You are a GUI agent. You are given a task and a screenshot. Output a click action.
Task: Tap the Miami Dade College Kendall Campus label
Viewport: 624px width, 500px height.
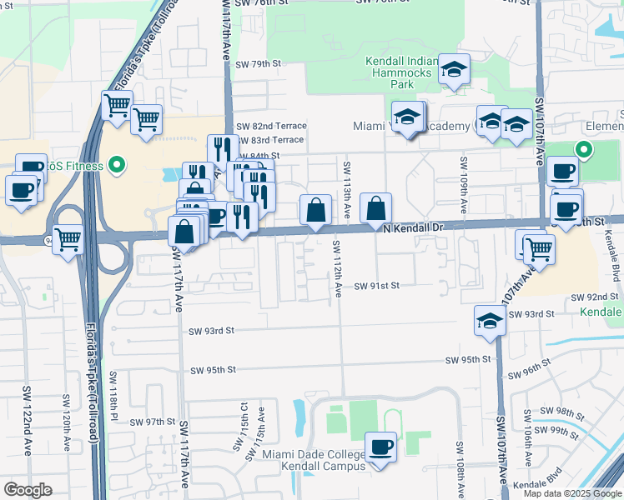click(x=314, y=460)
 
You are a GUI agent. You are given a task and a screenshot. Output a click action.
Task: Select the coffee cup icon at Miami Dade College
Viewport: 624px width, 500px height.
click(x=381, y=447)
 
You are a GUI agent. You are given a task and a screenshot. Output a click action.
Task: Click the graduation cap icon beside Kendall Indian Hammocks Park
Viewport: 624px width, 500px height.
click(x=455, y=70)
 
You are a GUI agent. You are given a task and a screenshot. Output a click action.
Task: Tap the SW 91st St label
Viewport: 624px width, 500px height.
click(x=377, y=285)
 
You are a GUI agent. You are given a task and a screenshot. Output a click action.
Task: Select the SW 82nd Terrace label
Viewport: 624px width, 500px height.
click(x=271, y=126)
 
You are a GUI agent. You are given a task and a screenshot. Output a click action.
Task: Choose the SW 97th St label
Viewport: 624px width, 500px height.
click(x=153, y=422)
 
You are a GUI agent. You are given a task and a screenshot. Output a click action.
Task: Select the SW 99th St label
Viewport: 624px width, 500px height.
click(x=559, y=432)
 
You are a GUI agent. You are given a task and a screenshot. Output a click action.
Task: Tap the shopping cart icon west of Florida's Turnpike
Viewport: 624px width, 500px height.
click(x=68, y=240)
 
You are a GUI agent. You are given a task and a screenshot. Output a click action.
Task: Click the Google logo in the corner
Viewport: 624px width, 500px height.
click(x=28, y=490)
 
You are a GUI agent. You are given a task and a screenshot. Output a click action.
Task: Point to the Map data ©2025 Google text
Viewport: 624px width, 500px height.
click(x=571, y=493)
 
